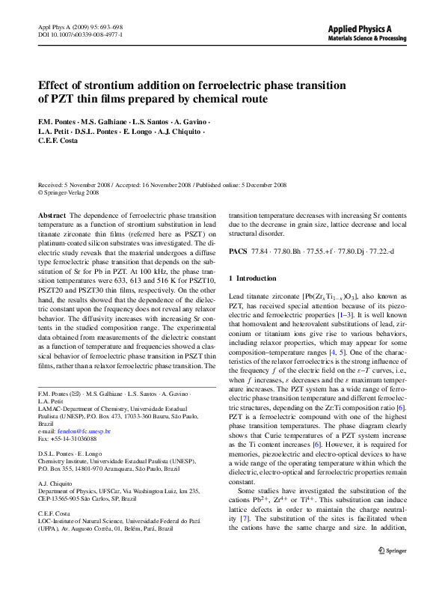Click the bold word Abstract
pyautogui.click(x=50, y=215)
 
